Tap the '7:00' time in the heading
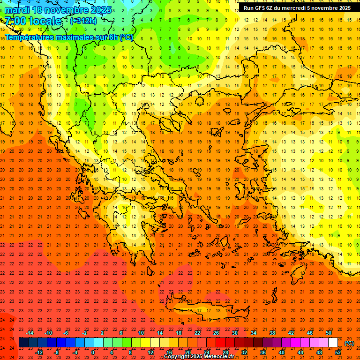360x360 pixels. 15,21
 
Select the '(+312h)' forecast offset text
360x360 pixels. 83,21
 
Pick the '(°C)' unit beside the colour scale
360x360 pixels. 349,343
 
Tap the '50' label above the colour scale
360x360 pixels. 329,333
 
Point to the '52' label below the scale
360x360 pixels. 338,352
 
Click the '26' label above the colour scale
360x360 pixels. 216,333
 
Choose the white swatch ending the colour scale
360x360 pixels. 333,343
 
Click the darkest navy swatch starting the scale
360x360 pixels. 24,343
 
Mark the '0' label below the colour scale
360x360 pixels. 93,352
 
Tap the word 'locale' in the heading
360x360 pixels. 45,21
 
